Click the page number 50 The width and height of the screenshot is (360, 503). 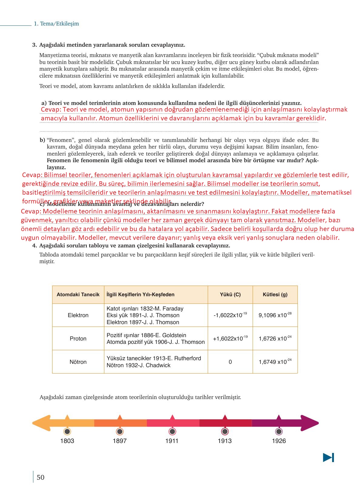click(x=40, y=477)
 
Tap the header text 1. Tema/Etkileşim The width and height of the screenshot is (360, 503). click(x=56, y=24)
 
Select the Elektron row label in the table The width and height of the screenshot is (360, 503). click(x=78, y=315)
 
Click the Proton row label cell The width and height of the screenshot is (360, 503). click(x=78, y=339)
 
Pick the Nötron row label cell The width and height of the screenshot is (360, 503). click(x=78, y=362)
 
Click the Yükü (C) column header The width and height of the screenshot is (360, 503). click(x=230, y=294)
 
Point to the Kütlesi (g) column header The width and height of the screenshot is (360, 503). click(x=275, y=294)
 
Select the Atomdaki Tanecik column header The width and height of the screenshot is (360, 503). click(x=78, y=294)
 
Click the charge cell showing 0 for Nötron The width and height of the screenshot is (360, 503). click(x=230, y=362)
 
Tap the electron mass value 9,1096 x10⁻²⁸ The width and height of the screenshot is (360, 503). click(x=275, y=315)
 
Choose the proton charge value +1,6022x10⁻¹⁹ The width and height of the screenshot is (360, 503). click(x=230, y=339)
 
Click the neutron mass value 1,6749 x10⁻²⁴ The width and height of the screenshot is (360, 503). click(x=275, y=362)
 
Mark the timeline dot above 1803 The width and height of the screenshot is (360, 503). click(x=67, y=431)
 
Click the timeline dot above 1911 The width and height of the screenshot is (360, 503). click(x=172, y=431)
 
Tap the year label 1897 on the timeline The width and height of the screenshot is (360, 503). click(x=119, y=441)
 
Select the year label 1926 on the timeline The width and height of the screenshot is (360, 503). click(x=279, y=441)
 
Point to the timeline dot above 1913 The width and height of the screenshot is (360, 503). click(x=225, y=431)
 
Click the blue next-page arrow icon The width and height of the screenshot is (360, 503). click(x=328, y=458)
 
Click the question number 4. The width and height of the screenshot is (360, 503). click(x=35, y=246)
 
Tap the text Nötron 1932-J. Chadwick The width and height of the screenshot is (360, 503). click(x=138, y=365)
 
